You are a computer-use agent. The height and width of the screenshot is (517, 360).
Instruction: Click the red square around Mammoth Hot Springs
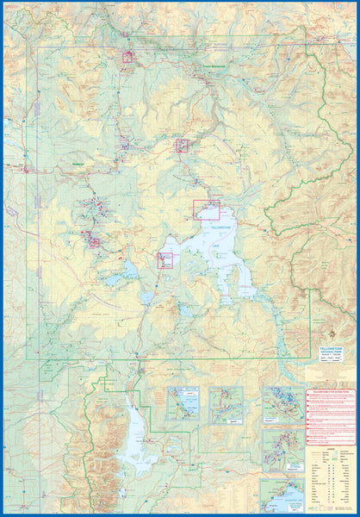click(127, 57)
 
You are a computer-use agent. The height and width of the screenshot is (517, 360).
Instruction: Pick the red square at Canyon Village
click(182, 145)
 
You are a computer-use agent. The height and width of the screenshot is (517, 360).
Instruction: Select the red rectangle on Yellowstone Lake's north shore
click(206, 209)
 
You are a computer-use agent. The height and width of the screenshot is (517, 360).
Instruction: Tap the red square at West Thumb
click(164, 259)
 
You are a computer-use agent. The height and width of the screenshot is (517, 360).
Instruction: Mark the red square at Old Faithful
click(94, 242)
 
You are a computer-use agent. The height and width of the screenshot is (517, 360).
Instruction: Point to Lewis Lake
click(148, 298)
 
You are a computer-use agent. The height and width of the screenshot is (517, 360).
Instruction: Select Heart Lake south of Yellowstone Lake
click(186, 310)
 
